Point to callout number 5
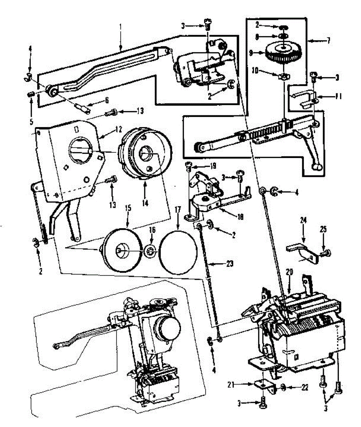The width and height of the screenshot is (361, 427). coord(31,122)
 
